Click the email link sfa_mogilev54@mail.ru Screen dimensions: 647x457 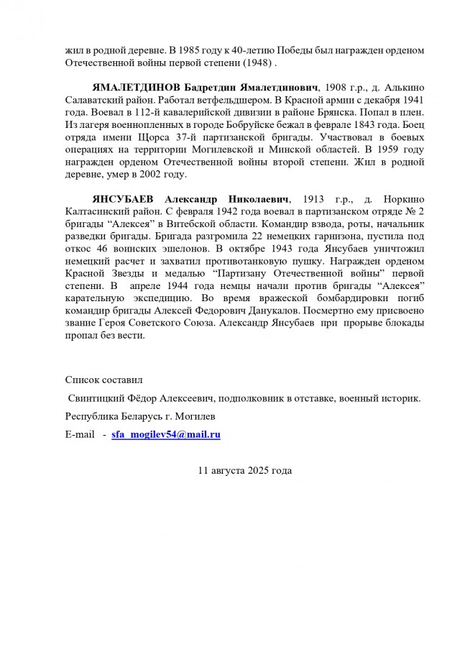(x=166, y=435)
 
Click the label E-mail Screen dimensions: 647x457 (x=80, y=435)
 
